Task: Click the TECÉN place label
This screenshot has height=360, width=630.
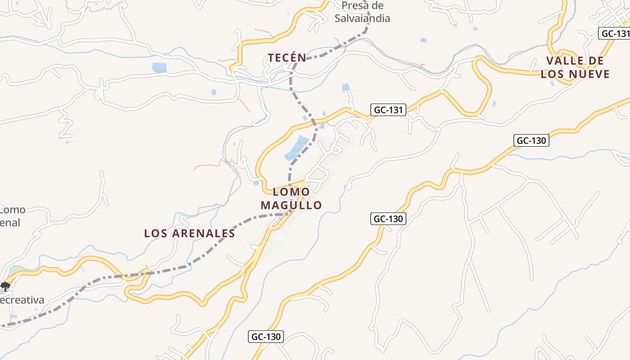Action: tap(287, 58)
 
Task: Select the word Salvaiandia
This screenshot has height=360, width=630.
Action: tap(362, 18)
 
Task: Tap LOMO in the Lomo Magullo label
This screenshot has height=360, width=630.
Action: tap(291, 192)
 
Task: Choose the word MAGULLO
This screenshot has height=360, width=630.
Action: tap(291, 206)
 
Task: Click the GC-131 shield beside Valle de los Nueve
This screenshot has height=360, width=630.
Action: tap(615, 34)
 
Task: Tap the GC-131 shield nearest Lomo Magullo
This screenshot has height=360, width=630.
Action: tap(388, 110)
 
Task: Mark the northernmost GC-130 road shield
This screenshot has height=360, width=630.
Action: tap(531, 140)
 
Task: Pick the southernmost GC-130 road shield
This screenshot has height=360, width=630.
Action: tap(266, 337)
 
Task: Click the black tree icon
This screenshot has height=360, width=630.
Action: tap(5, 286)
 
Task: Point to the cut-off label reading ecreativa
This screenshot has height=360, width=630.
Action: tap(22, 300)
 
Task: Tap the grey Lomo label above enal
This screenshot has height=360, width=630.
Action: tap(13, 210)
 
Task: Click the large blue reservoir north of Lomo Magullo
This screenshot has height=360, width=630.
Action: tap(297, 148)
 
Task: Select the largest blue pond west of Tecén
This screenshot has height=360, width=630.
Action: tap(159, 68)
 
